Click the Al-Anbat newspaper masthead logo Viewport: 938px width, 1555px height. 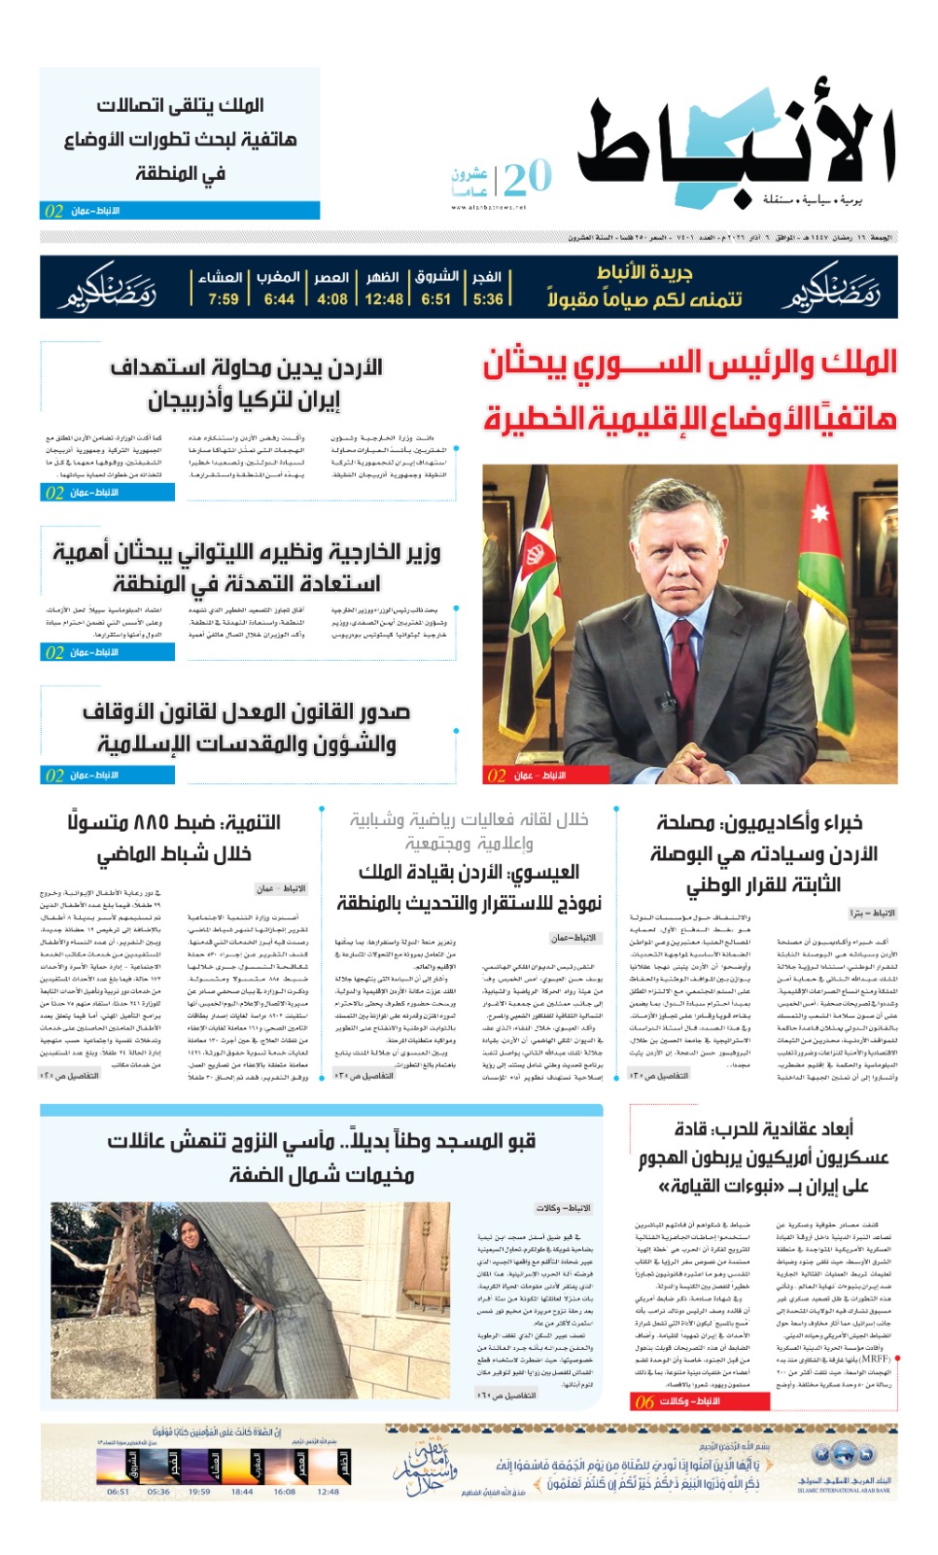(x=736, y=150)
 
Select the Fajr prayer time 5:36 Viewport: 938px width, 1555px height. (x=488, y=299)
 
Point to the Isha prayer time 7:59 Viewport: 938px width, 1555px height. (x=223, y=299)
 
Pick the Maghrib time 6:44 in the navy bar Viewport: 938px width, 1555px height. (x=279, y=299)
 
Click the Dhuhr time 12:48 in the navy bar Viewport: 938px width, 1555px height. (x=383, y=299)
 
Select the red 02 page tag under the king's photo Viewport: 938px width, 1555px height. (x=497, y=776)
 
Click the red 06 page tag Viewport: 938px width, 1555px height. (x=644, y=1401)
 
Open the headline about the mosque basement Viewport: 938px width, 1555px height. (x=322, y=1157)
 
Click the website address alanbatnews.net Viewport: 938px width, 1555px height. (x=488, y=207)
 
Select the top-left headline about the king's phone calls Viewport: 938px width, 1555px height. (x=180, y=139)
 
